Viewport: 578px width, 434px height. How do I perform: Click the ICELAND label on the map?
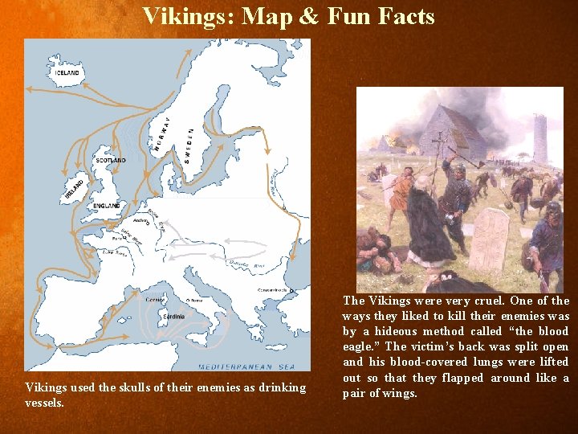pyautogui.click(x=67, y=73)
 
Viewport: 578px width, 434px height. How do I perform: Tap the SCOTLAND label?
pyautogui.click(x=111, y=161)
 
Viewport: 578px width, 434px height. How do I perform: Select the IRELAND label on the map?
pyautogui.click(x=74, y=190)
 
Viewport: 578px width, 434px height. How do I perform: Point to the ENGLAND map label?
pyautogui.click(x=107, y=206)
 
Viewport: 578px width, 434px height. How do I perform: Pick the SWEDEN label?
pyautogui.click(x=189, y=145)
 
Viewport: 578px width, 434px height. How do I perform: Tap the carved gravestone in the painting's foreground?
pyautogui.click(x=488, y=238)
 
